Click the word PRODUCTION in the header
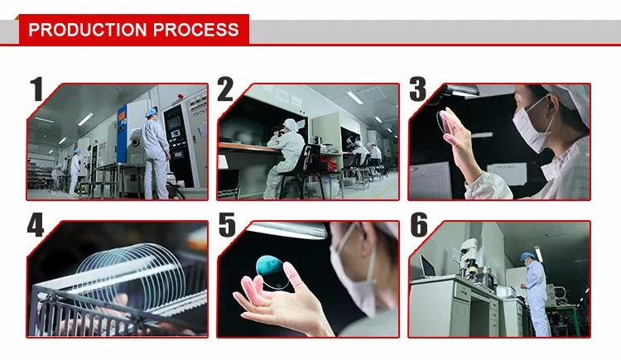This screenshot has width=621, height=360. pyautogui.click(x=88, y=30)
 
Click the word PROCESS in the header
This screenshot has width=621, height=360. pyautogui.click(x=196, y=30)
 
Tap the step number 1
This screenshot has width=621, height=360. pyautogui.click(x=36, y=89)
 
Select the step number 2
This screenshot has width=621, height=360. pyautogui.click(x=225, y=89)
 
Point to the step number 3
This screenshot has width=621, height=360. pyautogui.click(x=418, y=89)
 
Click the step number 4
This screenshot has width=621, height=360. pyautogui.click(x=36, y=225)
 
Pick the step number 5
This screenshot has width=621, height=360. pyautogui.click(x=227, y=225)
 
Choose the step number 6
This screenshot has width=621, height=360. pyautogui.click(x=419, y=225)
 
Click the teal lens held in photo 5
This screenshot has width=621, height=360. pyautogui.click(x=271, y=271)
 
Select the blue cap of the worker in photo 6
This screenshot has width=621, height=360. pyautogui.click(x=526, y=256)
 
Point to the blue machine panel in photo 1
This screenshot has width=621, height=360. pyautogui.click(x=122, y=132)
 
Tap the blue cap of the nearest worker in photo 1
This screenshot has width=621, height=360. pyautogui.click(x=152, y=113)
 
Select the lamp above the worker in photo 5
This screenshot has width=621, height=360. pyautogui.click(x=290, y=230)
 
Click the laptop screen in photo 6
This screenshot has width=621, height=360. pyautogui.click(x=426, y=266)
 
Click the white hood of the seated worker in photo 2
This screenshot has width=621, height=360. pyautogui.click(x=291, y=125)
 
